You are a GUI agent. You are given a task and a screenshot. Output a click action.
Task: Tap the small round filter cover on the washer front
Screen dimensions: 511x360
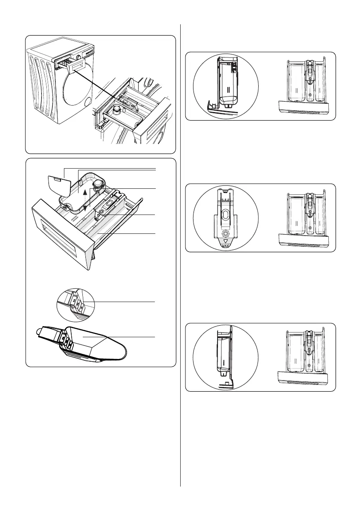click(x=88, y=102)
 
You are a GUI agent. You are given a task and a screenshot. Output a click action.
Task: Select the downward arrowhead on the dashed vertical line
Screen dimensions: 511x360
click(x=85, y=207)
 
